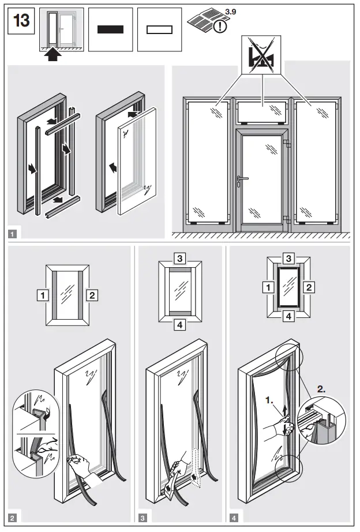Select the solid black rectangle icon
click(x=111, y=30)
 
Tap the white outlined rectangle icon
click(x=160, y=30)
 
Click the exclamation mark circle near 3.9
click(x=220, y=27)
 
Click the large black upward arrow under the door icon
click(x=53, y=55)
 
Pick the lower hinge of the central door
click(x=285, y=218)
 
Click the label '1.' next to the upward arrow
click(x=269, y=399)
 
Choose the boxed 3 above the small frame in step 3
click(x=180, y=258)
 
